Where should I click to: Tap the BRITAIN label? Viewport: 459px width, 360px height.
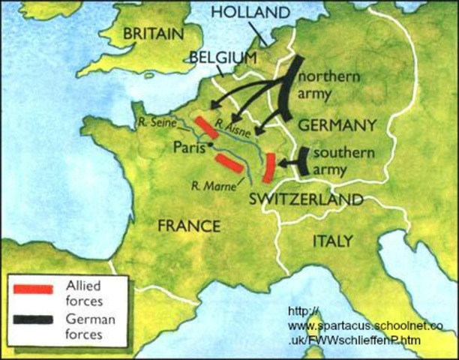point(153,34)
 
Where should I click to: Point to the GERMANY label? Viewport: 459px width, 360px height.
point(337,124)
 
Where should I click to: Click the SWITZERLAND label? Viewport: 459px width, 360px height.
point(306,199)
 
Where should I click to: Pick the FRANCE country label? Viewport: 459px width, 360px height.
point(189,226)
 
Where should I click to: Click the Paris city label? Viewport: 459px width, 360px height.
point(189,147)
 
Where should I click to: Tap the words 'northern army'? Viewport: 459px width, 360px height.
point(331,86)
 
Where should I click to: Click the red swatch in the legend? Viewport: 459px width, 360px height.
point(34,289)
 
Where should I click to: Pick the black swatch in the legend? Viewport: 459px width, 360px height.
point(34,319)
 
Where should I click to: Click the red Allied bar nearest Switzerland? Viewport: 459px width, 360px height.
point(268,168)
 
